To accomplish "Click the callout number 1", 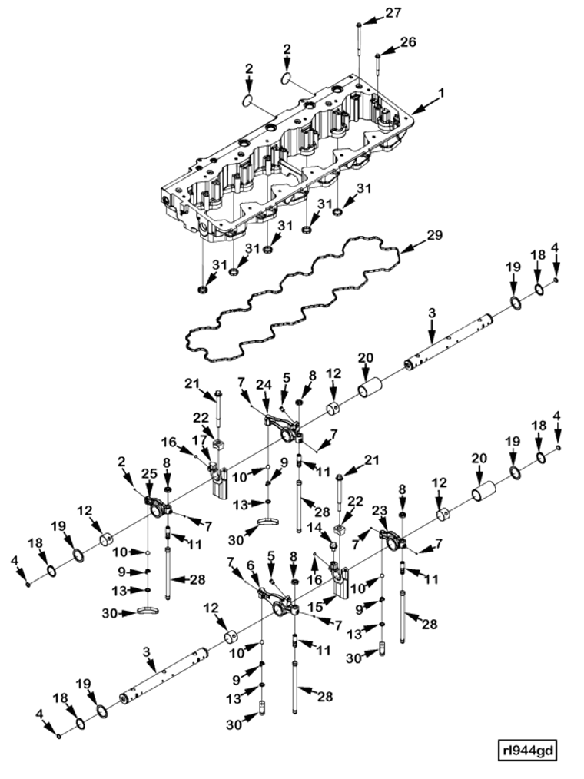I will pos(441,93).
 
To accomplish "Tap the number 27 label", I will pos(393,13).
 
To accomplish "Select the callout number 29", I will pos(434,235).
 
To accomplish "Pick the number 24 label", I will pos(264,384).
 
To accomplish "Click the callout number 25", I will pos(149,473).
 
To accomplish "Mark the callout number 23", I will pos(380,510).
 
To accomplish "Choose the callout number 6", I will pos(249,565).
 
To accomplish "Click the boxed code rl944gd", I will pos(526,748).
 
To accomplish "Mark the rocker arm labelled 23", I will pos(394,538).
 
